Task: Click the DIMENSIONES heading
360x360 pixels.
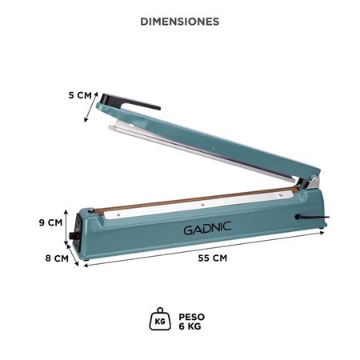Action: pos(179,22)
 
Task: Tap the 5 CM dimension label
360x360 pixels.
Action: pos(80,94)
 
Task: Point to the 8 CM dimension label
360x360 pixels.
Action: pos(55,258)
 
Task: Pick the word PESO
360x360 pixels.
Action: pos(192,315)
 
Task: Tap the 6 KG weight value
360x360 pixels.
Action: pos(190,326)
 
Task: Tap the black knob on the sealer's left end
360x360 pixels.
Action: pos(74,237)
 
